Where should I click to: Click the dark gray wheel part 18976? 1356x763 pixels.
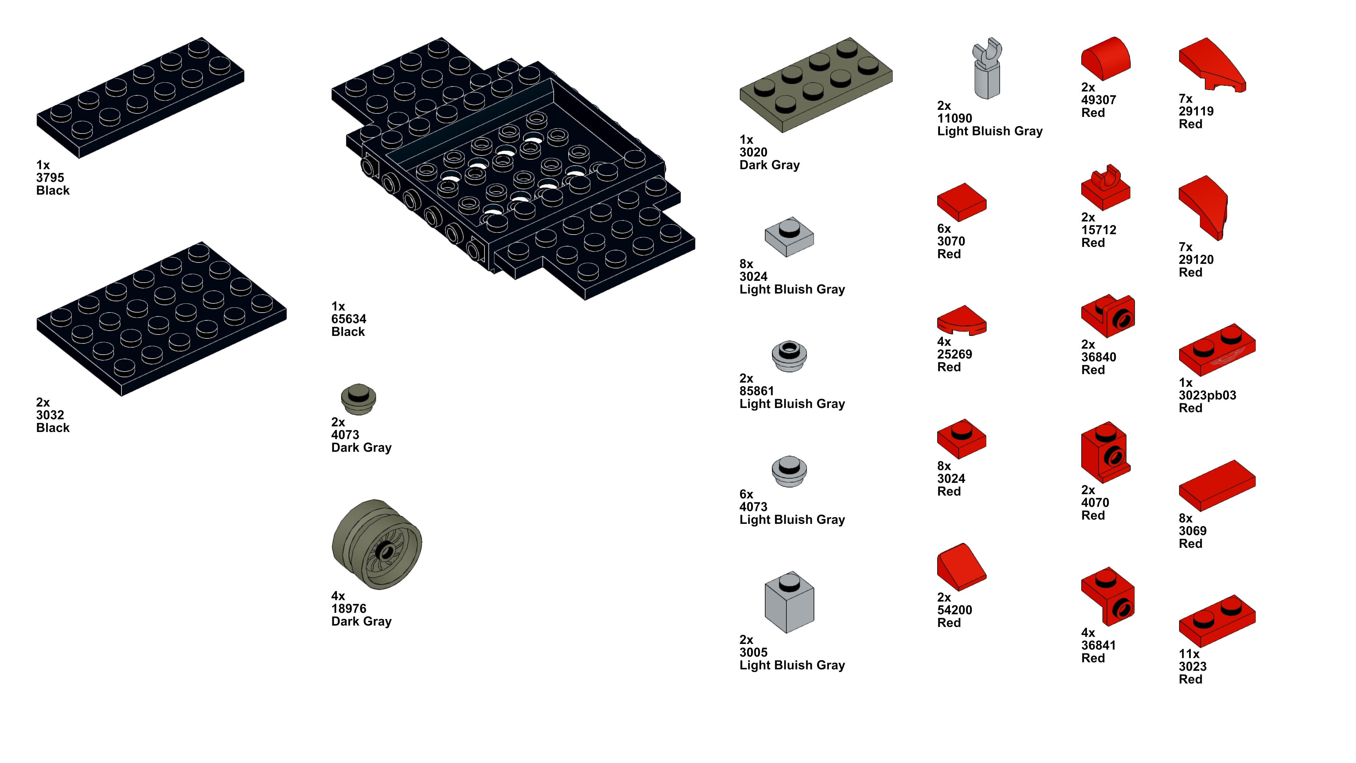377,544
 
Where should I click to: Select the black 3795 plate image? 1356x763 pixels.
140,97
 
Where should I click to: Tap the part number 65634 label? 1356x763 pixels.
349,319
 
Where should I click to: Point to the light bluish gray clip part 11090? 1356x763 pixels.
987,69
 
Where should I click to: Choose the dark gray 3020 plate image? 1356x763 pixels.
815,84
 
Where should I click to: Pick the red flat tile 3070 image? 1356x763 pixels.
961,202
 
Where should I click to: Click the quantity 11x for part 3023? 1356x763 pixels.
1189,654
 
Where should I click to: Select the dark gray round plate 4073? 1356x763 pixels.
358,399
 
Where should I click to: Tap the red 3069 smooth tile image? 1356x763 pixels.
1217,485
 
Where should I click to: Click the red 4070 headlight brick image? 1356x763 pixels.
1105,452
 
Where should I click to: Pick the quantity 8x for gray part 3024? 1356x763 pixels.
746,264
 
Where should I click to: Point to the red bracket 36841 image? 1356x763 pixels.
1107,597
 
